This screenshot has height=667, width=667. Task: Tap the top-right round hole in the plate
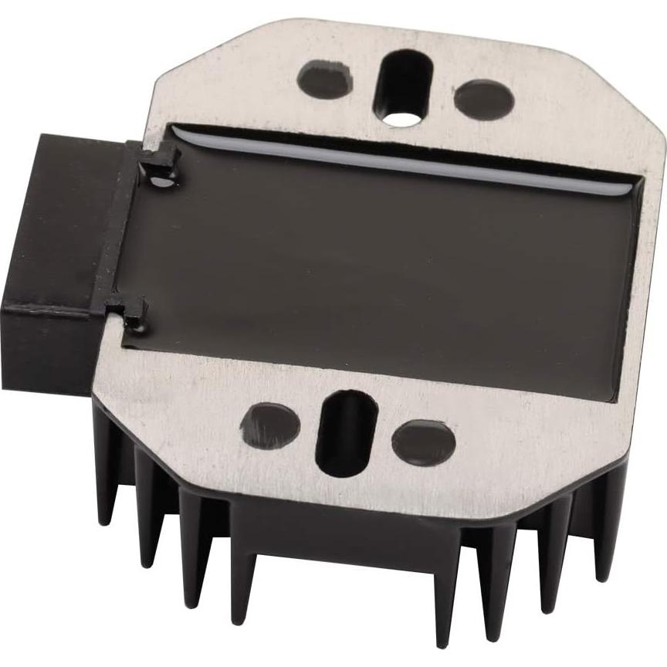(484, 100)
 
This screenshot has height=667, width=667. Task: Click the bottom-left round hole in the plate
(270, 425)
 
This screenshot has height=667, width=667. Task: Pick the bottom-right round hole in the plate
(423, 442)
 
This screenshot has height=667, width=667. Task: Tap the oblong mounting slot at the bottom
(347, 433)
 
